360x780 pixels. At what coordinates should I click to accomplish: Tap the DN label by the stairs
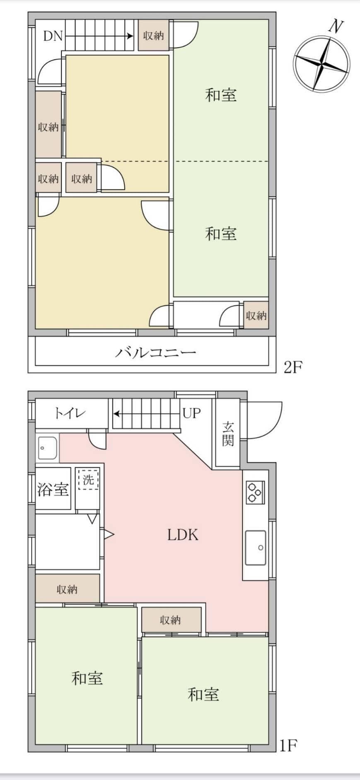53,36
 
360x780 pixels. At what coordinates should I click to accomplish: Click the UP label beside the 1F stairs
191,413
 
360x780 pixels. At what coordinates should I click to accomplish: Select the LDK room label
183,535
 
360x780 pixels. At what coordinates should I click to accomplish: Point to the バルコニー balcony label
155,353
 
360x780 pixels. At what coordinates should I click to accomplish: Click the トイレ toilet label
70,413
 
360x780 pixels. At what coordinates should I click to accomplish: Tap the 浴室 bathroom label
53,489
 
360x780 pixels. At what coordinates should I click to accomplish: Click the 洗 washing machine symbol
88,480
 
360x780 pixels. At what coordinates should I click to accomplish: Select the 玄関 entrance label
228,434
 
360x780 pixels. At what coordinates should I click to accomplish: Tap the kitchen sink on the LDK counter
255,547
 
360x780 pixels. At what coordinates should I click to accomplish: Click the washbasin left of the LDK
47,448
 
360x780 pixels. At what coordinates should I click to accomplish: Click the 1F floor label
288,746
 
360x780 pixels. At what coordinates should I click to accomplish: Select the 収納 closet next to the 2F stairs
153,36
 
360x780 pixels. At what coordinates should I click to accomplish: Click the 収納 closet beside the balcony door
256,316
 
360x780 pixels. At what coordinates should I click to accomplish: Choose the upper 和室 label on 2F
221,95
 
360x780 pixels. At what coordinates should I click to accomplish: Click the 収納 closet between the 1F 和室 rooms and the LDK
171,620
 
